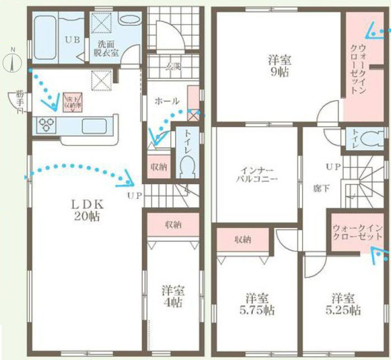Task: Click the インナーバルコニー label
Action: (256, 175)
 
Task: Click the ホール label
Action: (166, 101)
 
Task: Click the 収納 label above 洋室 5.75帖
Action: (242, 240)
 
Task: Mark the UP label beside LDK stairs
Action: (134, 195)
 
